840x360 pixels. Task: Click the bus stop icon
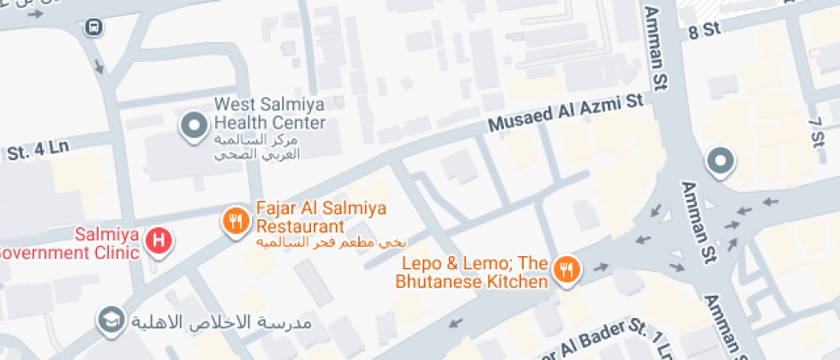pyautogui.click(x=91, y=27)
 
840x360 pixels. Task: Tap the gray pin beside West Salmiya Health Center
pyautogui.click(x=194, y=126)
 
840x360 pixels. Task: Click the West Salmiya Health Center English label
pyautogui.click(x=270, y=113)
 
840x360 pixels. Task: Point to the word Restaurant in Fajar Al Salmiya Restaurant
pyautogui.click(x=300, y=227)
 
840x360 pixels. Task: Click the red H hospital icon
pyautogui.click(x=157, y=240)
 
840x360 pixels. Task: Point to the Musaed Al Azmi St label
pyautogui.click(x=565, y=113)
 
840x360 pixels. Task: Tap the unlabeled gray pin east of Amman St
pyautogui.click(x=719, y=161)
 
